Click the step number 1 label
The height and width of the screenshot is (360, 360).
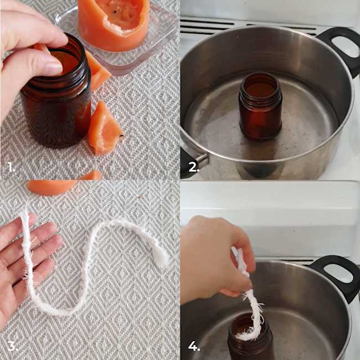(x=11, y=167)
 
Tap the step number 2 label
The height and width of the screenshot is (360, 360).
(x=193, y=167)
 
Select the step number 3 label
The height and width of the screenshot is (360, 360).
(x=12, y=346)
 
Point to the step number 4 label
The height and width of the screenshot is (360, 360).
(x=194, y=346)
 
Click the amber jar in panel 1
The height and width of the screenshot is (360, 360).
(x=58, y=96)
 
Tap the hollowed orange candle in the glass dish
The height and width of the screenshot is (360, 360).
(x=114, y=24)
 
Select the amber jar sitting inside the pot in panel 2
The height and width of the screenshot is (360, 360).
(x=261, y=106)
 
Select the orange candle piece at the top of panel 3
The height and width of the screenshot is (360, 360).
(x=52, y=187)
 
